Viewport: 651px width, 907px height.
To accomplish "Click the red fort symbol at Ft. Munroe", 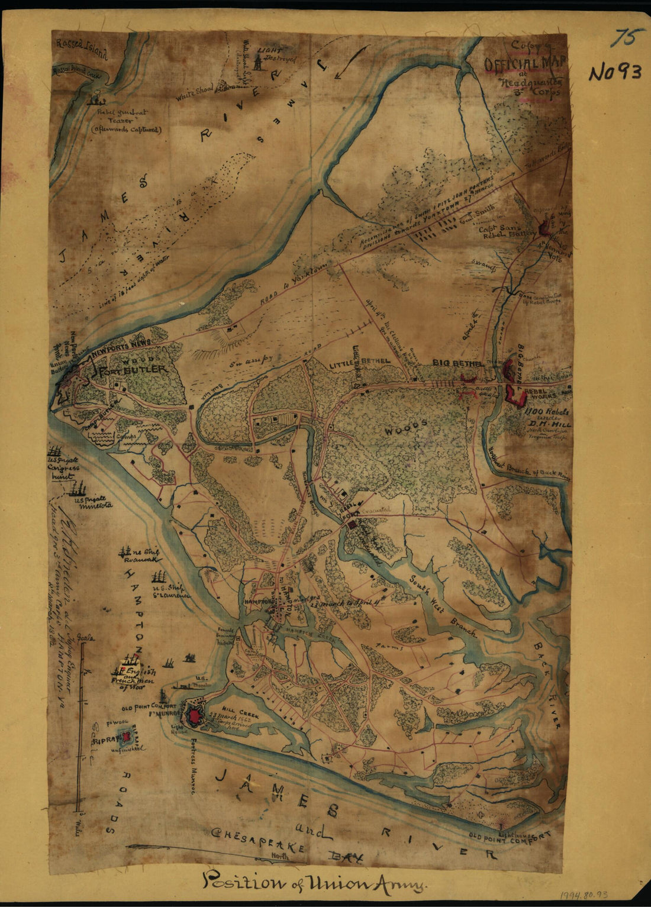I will point(194,716).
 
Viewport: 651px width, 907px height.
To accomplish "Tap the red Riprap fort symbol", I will point(126,737).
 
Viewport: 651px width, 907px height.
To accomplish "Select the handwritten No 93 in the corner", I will point(615,72).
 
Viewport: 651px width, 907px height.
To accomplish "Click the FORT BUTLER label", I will point(134,370).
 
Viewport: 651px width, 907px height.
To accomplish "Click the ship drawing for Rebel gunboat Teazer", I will point(95,101).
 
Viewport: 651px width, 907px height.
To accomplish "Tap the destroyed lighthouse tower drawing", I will point(257,59).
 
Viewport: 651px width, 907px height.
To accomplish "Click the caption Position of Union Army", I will point(314,883).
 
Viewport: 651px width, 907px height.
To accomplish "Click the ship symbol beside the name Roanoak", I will point(124,553).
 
